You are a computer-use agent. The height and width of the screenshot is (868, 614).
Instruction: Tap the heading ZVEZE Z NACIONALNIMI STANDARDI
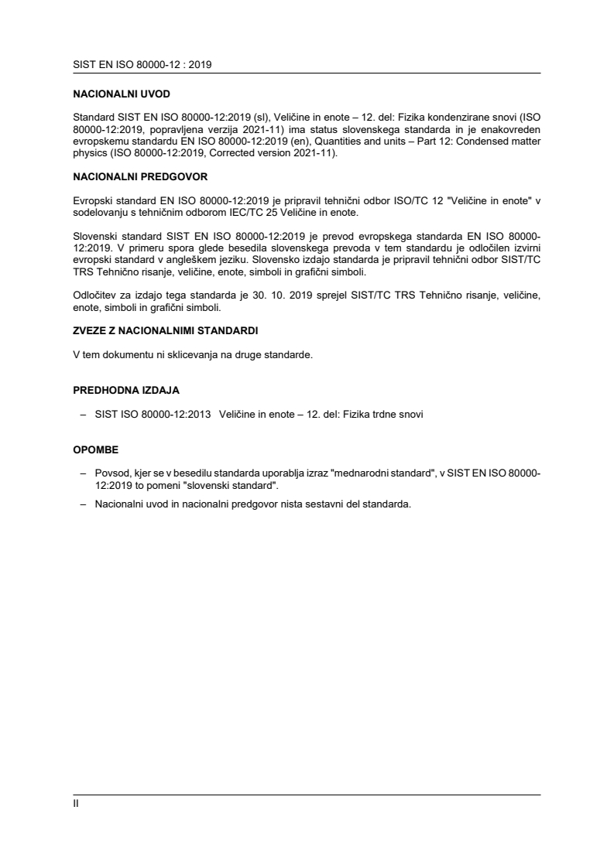click(166, 330)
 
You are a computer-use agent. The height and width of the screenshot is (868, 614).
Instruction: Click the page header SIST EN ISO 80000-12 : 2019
click(142, 65)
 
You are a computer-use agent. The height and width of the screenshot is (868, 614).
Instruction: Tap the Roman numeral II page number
click(76, 803)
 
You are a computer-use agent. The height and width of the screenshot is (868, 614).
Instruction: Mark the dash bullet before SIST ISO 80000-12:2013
click(83, 414)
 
